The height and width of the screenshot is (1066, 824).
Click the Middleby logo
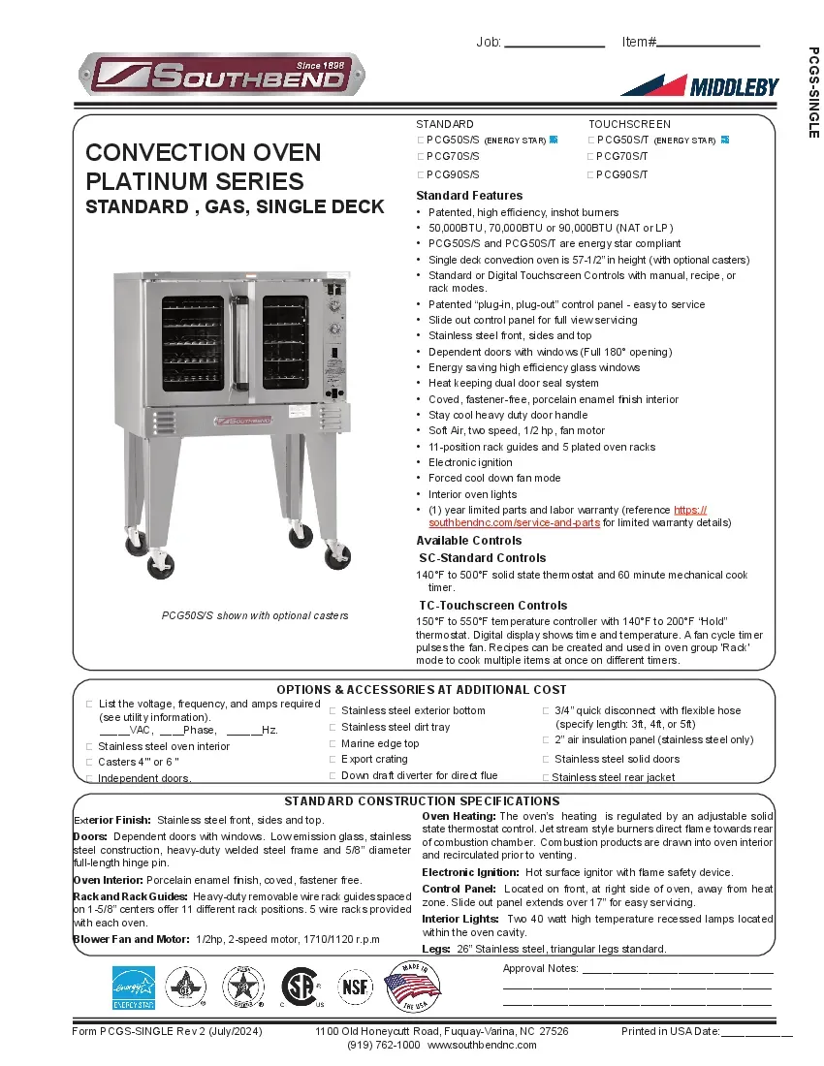pos(699,85)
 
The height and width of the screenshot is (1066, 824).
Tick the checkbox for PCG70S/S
pos(421,156)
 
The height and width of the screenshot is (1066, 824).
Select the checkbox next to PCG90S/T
pos(590,174)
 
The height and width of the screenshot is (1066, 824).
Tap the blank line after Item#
pos(708,43)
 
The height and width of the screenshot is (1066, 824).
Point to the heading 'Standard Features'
pos(469,196)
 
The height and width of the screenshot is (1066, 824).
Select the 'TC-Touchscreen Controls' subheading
pos(492,606)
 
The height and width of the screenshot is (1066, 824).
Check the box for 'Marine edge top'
pos(333,744)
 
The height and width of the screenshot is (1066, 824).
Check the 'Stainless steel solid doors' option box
pos(546,760)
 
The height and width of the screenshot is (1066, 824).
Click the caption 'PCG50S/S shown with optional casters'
pos(254,616)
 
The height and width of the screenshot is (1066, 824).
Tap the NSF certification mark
pos(354,987)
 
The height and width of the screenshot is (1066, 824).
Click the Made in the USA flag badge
pos(412,987)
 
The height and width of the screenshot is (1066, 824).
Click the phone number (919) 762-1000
pos(383,1046)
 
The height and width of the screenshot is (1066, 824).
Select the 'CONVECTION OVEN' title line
pos(204,153)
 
